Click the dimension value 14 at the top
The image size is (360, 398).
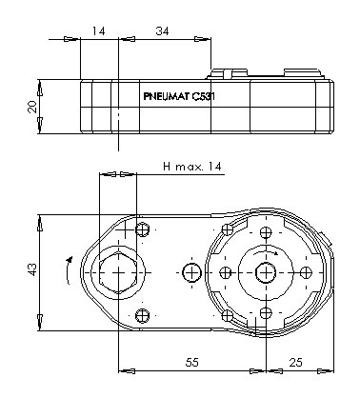[98, 31]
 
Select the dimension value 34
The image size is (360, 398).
[162, 31]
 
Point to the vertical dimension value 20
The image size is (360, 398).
[32, 107]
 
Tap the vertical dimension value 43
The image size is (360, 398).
[32, 269]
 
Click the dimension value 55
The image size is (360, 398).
[191, 362]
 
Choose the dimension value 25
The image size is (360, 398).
[296, 362]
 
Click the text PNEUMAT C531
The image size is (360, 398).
[179, 96]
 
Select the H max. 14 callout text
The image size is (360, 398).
[192, 167]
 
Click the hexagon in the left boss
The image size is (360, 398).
[118, 272]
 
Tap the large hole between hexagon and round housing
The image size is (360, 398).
[192, 272]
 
